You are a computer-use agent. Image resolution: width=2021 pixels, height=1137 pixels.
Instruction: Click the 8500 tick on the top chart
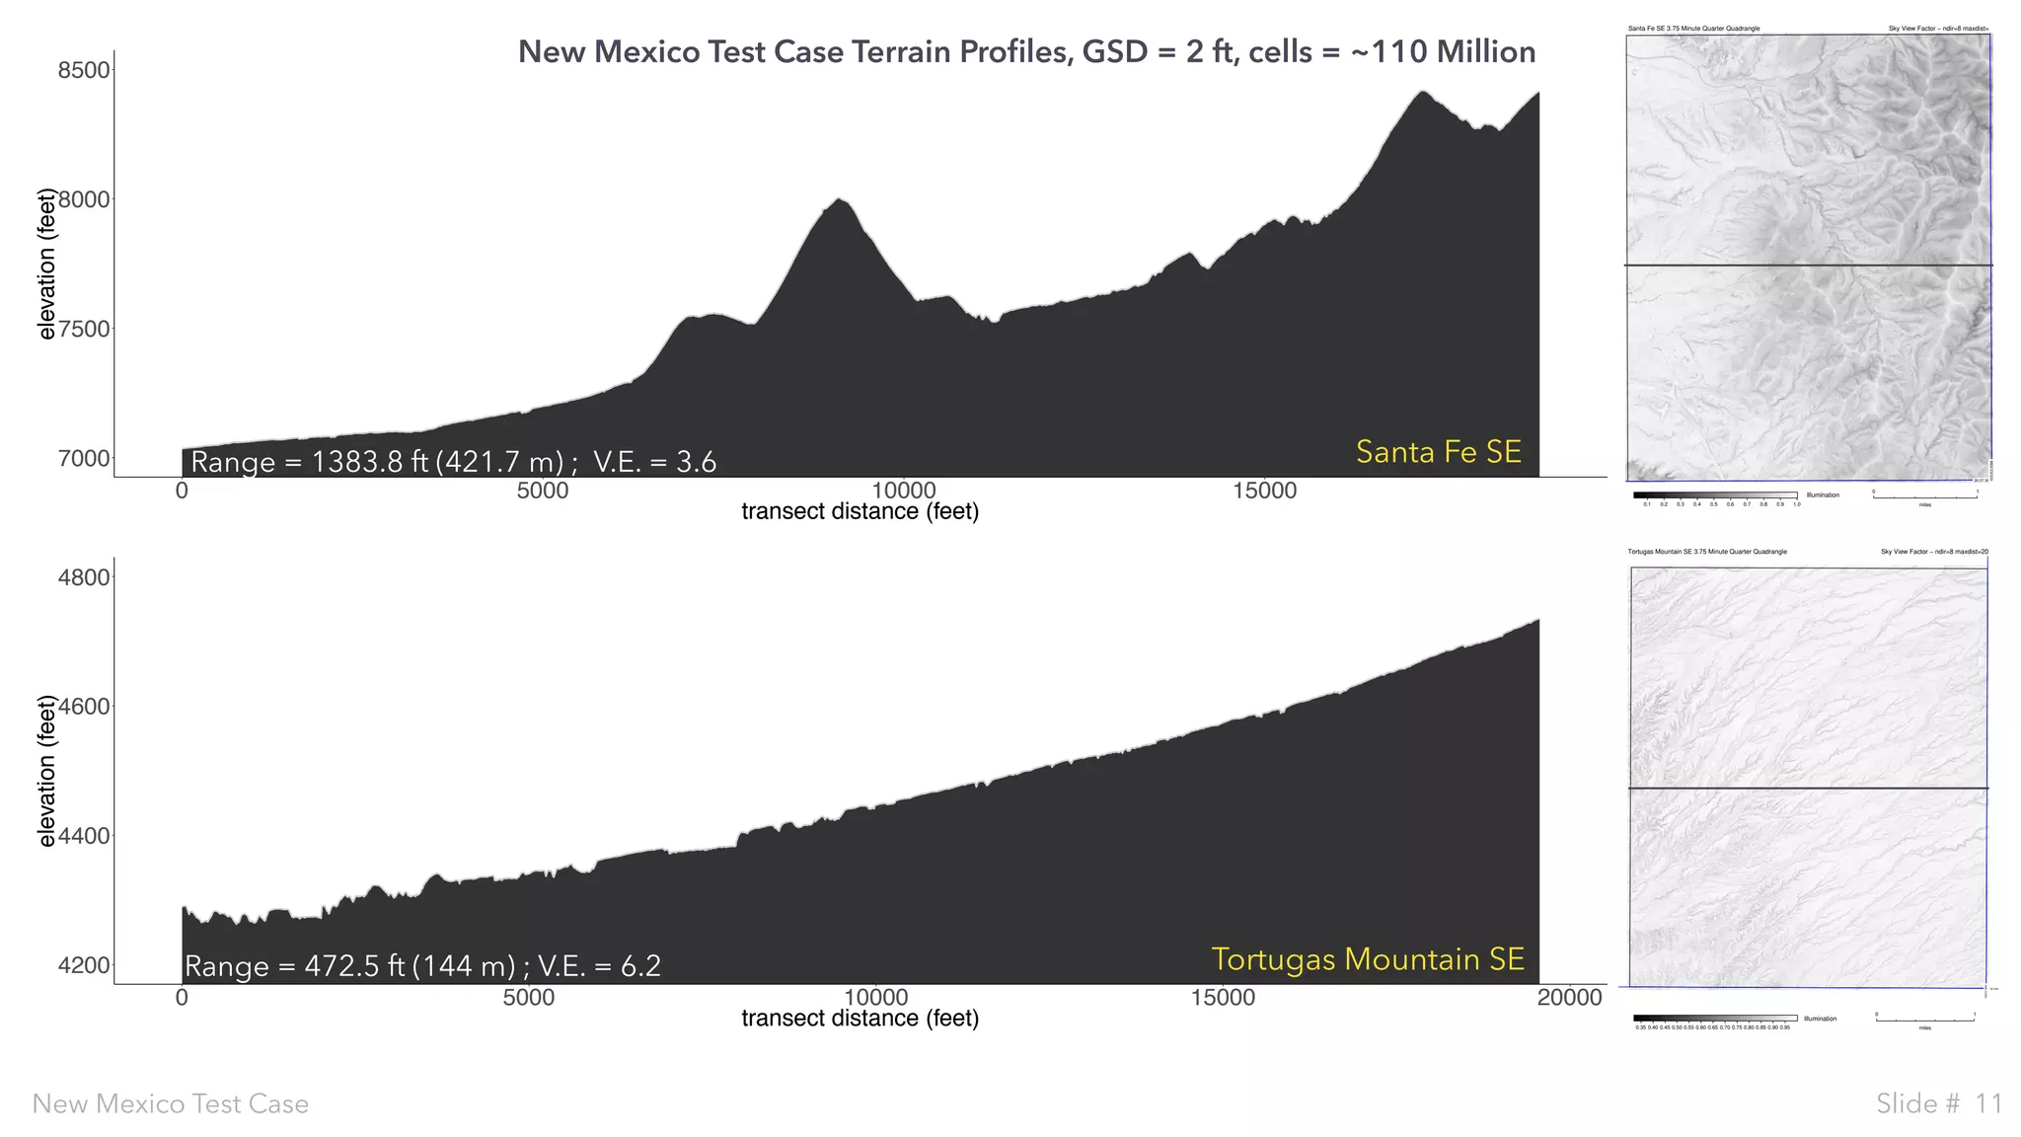pyautogui.click(x=84, y=70)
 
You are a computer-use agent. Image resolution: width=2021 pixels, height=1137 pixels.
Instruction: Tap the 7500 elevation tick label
pyautogui.click(x=84, y=330)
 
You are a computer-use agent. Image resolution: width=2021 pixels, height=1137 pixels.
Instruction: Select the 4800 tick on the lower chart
pyautogui.click(x=84, y=577)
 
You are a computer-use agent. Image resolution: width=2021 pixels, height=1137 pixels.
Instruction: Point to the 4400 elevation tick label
pyautogui.click(x=84, y=836)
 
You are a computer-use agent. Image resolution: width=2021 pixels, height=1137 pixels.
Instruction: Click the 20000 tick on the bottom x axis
pyautogui.click(x=1569, y=998)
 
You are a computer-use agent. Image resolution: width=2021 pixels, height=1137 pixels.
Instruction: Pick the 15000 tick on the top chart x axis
pyautogui.click(x=1264, y=492)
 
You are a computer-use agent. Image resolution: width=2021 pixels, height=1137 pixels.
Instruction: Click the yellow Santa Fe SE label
pyautogui.click(x=1438, y=452)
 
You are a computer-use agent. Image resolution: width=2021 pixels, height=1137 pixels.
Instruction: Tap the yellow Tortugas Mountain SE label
pyautogui.click(x=1367, y=959)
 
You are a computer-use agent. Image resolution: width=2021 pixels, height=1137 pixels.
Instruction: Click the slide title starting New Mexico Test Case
pyautogui.click(x=1026, y=51)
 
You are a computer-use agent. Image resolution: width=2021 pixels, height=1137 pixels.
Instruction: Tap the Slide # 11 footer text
pyautogui.click(x=1938, y=1103)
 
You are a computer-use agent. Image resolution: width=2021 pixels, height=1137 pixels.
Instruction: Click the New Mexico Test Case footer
pyautogui.click(x=170, y=1103)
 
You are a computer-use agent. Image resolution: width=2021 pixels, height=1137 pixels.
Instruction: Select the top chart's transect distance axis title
pyautogui.click(x=860, y=511)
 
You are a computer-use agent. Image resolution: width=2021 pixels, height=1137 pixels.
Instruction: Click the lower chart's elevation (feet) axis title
pyautogui.click(x=46, y=771)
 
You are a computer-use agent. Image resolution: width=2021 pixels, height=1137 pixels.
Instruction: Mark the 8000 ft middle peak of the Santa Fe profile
pyautogui.click(x=839, y=201)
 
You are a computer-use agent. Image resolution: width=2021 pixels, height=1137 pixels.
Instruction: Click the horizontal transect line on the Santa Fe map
pyautogui.click(x=1808, y=265)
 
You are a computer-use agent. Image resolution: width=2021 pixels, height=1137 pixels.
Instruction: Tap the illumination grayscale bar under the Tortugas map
pyautogui.click(x=1714, y=1018)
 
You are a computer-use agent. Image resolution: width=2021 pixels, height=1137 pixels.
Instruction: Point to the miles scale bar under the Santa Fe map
pyautogui.click(x=1924, y=496)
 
